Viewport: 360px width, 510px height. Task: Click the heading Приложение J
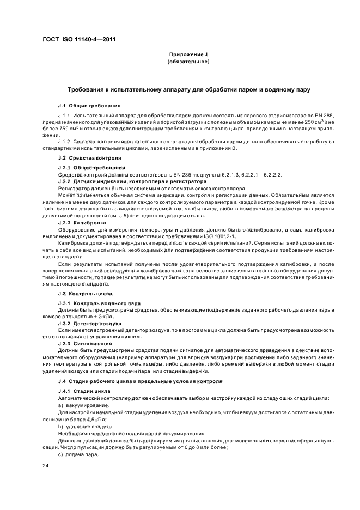[x=188, y=55]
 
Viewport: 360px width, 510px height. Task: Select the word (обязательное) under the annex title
[x=188, y=62]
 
